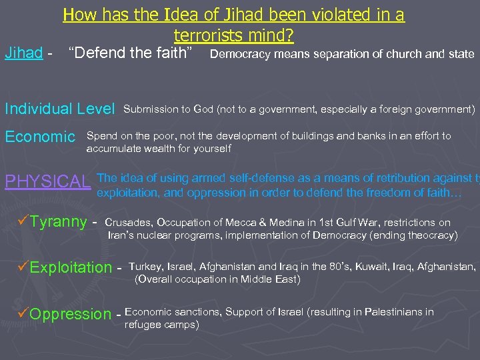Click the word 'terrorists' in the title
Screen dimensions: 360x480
point(203,34)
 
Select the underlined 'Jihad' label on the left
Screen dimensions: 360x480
point(23,53)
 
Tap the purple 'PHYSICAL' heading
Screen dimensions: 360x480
point(47,182)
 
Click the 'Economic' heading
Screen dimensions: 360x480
point(40,137)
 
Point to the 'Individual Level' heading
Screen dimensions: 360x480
point(61,109)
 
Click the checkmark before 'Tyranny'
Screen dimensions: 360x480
point(24,222)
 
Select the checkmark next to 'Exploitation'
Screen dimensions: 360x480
point(24,268)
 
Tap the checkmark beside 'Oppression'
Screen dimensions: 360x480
point(24,313)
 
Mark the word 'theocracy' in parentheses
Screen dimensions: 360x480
point(429,235)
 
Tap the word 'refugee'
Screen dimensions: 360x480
point(143,325)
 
